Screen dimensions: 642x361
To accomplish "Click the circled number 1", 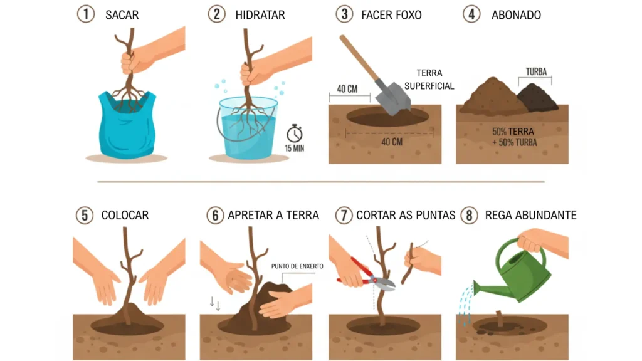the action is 86,14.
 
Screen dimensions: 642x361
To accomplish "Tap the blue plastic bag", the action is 127,125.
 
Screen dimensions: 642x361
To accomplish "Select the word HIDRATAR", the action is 260,15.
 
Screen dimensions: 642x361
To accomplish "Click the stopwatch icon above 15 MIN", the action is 295,133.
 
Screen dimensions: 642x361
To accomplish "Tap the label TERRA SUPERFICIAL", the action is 429,80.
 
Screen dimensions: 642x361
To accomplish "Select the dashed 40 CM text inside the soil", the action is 392,142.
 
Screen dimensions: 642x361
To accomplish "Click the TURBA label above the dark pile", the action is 536,72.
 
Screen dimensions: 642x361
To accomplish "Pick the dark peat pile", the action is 537,98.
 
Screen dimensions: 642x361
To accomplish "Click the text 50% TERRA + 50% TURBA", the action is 514,137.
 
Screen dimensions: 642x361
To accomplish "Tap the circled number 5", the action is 85,216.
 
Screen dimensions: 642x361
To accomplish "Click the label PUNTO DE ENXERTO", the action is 297,266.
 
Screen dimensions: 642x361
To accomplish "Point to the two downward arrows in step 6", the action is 215,304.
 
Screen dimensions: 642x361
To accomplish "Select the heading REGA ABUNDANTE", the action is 530,216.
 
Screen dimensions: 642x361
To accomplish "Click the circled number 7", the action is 344,216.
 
